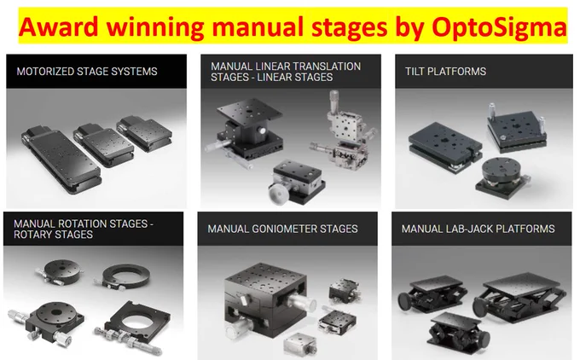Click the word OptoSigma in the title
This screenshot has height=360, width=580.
[499, 27]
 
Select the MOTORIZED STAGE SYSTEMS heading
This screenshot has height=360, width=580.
[87, 72]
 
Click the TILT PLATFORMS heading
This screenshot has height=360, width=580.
[445, 72]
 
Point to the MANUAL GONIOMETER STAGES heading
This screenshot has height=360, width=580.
[282, 229]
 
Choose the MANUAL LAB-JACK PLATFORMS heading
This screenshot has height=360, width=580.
[478, 229]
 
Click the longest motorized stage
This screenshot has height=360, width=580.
[61, 160]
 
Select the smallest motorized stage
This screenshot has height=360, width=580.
[145, 133]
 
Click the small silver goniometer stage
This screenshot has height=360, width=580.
[299, 345]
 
